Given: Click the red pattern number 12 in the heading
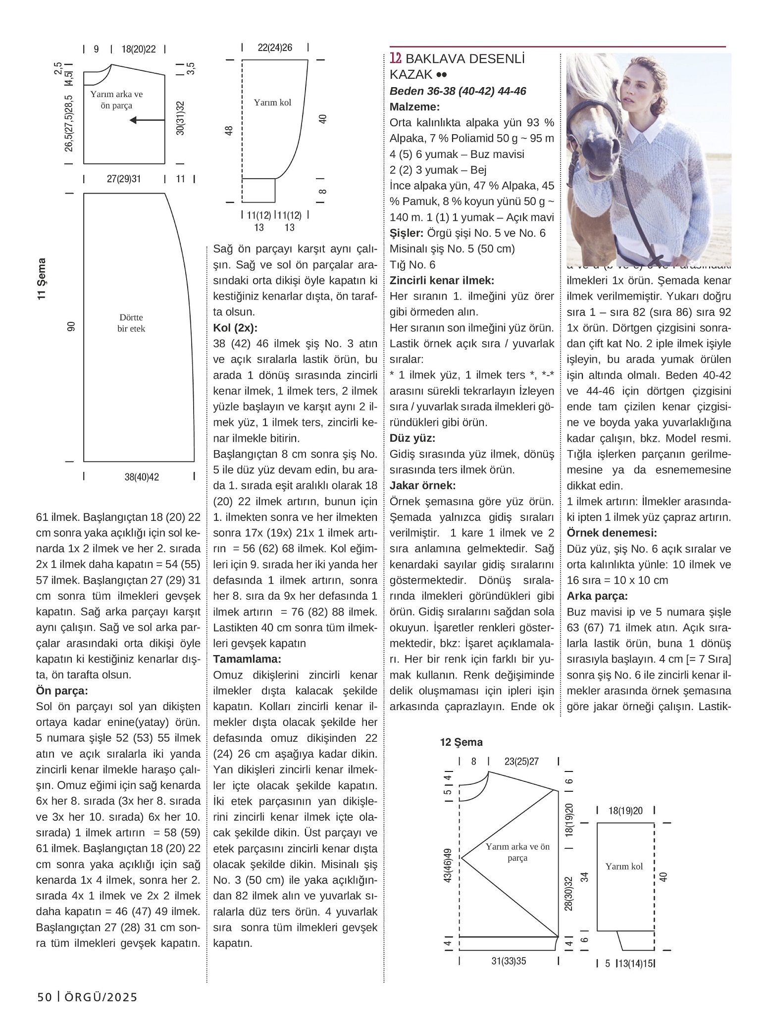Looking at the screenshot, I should pos(395,58).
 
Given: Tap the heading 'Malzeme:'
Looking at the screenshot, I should pos(414,107).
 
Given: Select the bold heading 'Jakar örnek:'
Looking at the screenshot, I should pos(422,485).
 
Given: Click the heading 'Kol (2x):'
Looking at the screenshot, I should pos(235,328).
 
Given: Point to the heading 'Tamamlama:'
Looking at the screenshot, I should pos(247,659).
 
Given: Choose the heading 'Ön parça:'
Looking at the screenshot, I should pos(62,691).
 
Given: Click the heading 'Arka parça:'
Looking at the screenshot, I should pos(597,596).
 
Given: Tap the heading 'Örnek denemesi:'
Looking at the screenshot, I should pos(612,533).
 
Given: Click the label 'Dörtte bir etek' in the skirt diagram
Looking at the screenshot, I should pos(131,323).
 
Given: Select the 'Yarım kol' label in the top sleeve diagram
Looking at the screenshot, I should pos(272,102).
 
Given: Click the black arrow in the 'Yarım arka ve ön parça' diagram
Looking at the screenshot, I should pos(147,120).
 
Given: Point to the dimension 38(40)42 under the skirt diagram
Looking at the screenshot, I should pos(142,477).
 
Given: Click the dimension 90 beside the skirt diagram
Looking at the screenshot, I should pos(71,327).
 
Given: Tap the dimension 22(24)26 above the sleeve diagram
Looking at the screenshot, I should pos(275,48).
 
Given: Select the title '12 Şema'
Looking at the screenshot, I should pos(461,742).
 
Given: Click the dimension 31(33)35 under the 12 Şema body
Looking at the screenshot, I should pos(509,961).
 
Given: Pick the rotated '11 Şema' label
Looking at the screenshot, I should pos(42,278).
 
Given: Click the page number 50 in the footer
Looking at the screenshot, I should pos(45,997).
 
